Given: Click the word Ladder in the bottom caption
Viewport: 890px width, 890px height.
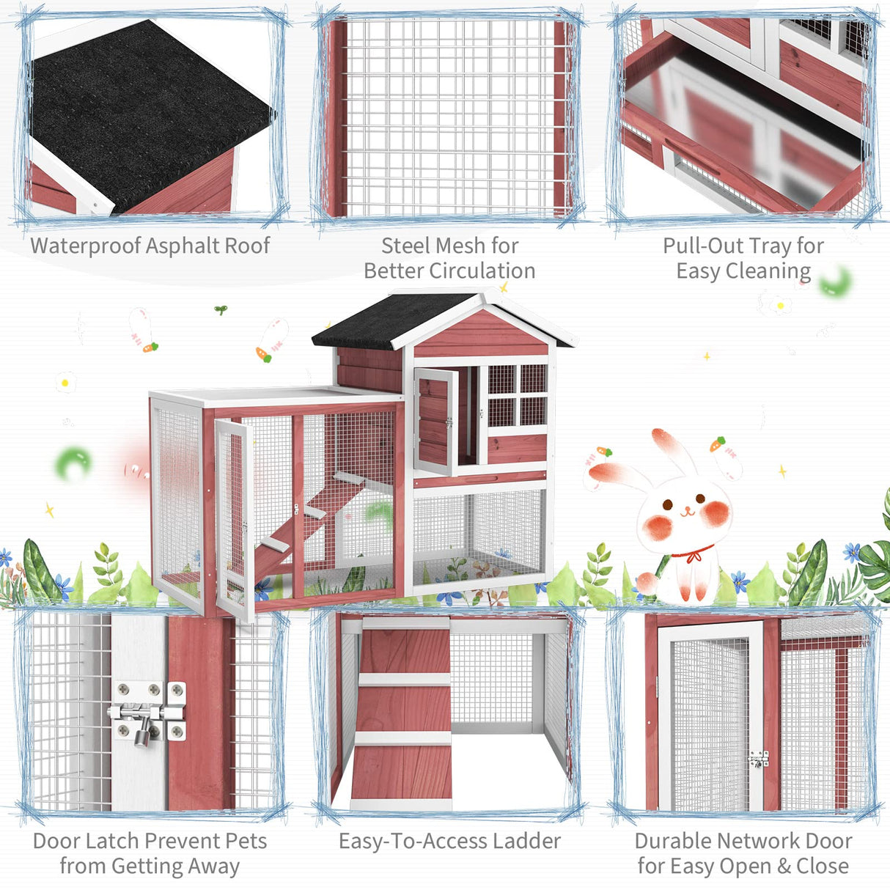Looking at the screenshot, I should click(x=527, y=841).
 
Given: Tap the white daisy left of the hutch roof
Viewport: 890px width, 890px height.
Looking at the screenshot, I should click(x=66, y=382).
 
